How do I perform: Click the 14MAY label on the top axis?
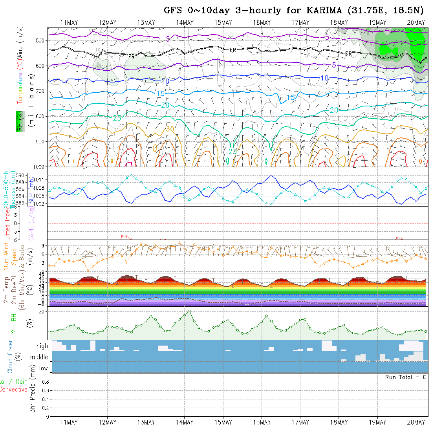tap(185, 23)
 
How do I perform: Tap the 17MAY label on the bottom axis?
tap(300, 422)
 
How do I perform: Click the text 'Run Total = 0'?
tap(406, 377)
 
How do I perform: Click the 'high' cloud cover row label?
tap(42, 346)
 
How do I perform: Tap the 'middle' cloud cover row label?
tap(39, 357)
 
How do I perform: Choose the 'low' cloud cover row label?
tap(43, 368)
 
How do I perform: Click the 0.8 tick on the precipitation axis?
tap(44, 382)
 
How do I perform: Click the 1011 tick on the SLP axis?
tap(41, 179)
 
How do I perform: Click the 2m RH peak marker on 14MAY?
tap(189, 311)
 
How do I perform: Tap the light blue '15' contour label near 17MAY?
tap(291, 97)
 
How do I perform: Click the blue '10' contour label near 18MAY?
tap(324, 78)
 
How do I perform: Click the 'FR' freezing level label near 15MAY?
tap(232, 50)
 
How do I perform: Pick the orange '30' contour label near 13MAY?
tap(170, 129)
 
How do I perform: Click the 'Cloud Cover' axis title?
tap(10, 357)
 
